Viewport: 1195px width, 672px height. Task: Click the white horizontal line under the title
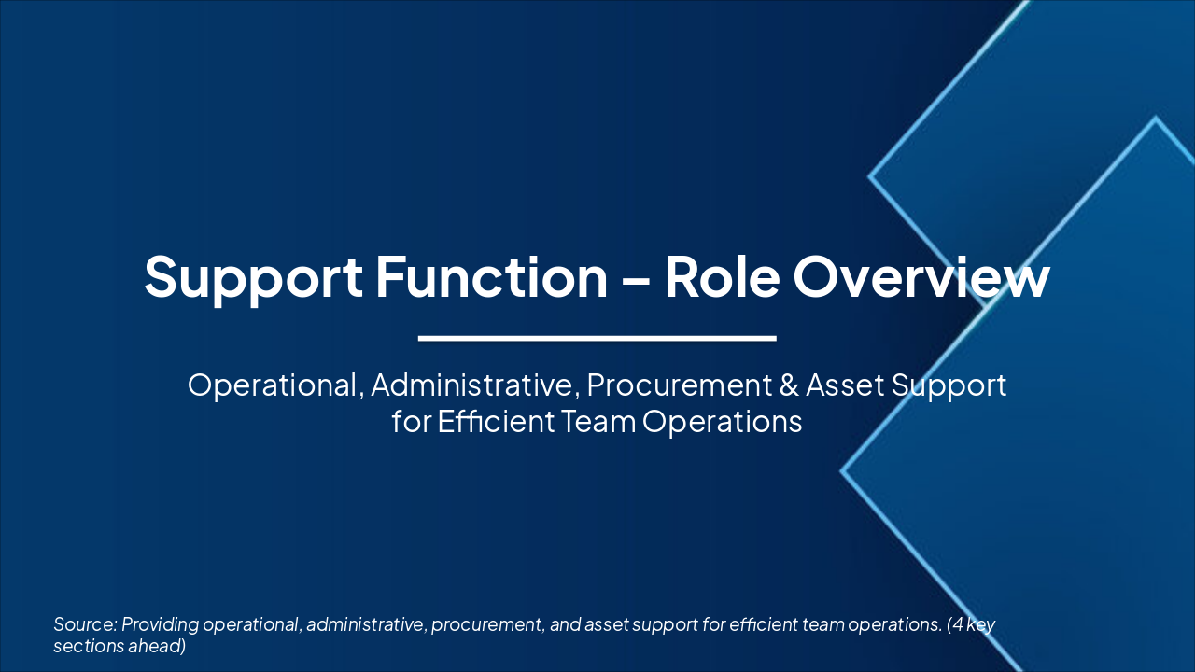click(x=597, y=338)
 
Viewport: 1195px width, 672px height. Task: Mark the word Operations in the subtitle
click(x=723, y=422)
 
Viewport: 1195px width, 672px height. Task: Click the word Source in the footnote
click(x=84, y=624)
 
